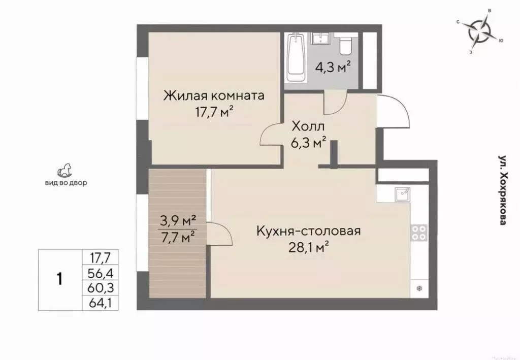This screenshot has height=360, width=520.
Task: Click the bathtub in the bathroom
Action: pyautogui.click(x=296, y=58)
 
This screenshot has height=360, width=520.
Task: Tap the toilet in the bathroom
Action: pyautogui.click(x=346, y=45)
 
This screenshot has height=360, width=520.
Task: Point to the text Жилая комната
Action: pyautogui.click(x=213, y=95)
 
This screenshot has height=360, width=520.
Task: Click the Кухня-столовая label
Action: pyautogui.click(x=308, y=232)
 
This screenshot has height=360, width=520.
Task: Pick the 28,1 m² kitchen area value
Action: pyautogui.click(x=310, y=249)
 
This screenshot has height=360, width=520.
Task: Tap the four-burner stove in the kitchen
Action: pyautogui.click(x=419, y=233)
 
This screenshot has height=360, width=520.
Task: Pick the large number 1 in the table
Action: pyautogui.click(x=59, y=278)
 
